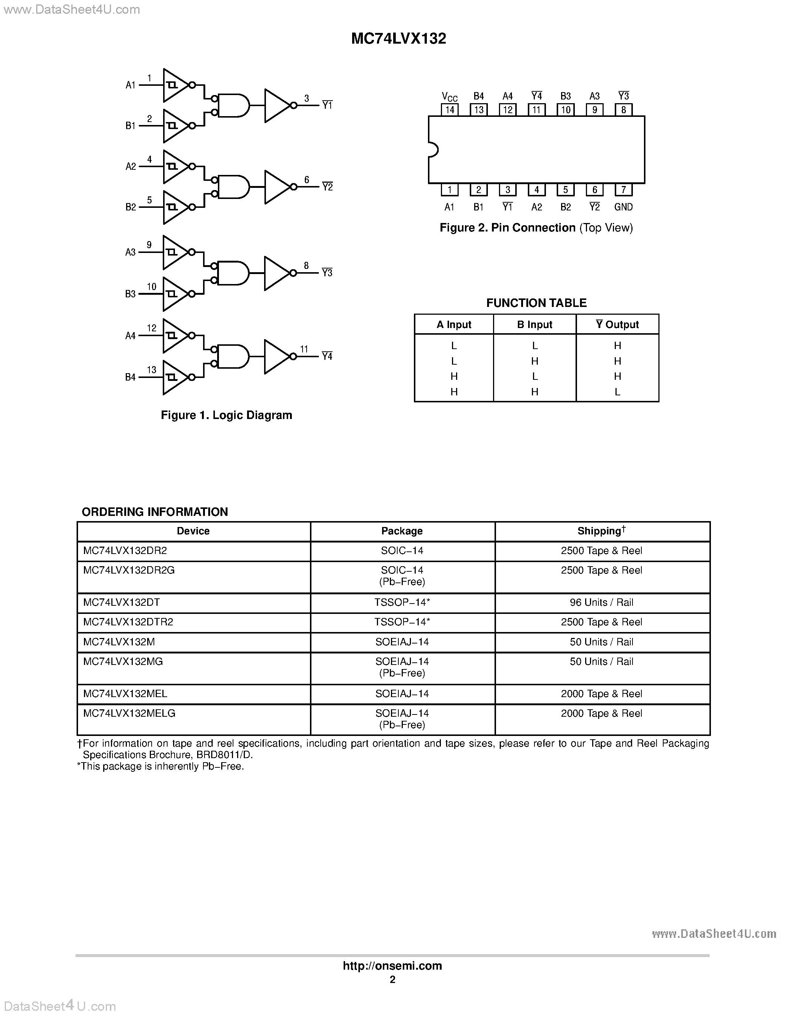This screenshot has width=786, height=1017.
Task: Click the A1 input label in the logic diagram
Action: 130,85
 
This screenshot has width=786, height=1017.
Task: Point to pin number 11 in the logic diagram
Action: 304,349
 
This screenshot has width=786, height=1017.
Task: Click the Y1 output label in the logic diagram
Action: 327,106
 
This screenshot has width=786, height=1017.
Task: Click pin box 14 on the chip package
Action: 449,110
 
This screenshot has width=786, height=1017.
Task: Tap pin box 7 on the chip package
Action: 624,189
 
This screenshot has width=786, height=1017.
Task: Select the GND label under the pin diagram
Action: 624,207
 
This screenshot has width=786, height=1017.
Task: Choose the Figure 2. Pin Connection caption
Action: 536,228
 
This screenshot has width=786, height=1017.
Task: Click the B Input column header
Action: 534,325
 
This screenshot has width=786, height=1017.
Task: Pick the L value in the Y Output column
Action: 617,392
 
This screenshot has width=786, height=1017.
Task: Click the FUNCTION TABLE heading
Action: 536,303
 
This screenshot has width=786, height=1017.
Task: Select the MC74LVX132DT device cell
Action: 122,602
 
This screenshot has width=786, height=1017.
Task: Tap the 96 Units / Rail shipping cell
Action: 601,602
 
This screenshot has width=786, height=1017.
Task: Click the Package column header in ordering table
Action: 402,531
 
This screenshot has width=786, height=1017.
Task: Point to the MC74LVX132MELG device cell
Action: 129,713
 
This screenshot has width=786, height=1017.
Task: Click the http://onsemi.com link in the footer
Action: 392,966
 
